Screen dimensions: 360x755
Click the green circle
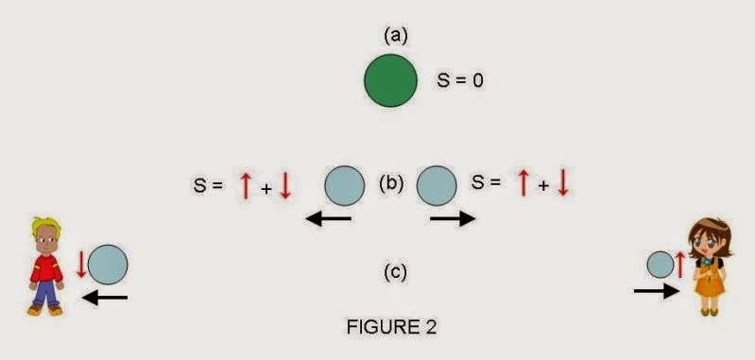[x=391, y=80]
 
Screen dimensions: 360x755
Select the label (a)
[x=395, y=35]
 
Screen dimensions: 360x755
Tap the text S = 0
[x=460, y=81]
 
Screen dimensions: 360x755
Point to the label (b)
[x=391, y=182]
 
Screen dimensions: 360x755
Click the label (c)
[x=395, y=273]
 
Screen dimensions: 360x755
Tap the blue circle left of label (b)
[x=345, y=185]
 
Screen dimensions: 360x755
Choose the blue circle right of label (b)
[x=437, y=185]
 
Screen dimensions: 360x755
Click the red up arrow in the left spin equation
[x=246, y=185]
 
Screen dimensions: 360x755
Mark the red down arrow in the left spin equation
[x=285, y=185]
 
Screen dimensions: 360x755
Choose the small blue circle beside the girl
[x=661, y=264]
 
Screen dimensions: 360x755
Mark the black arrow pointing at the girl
[x=656, y=292]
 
